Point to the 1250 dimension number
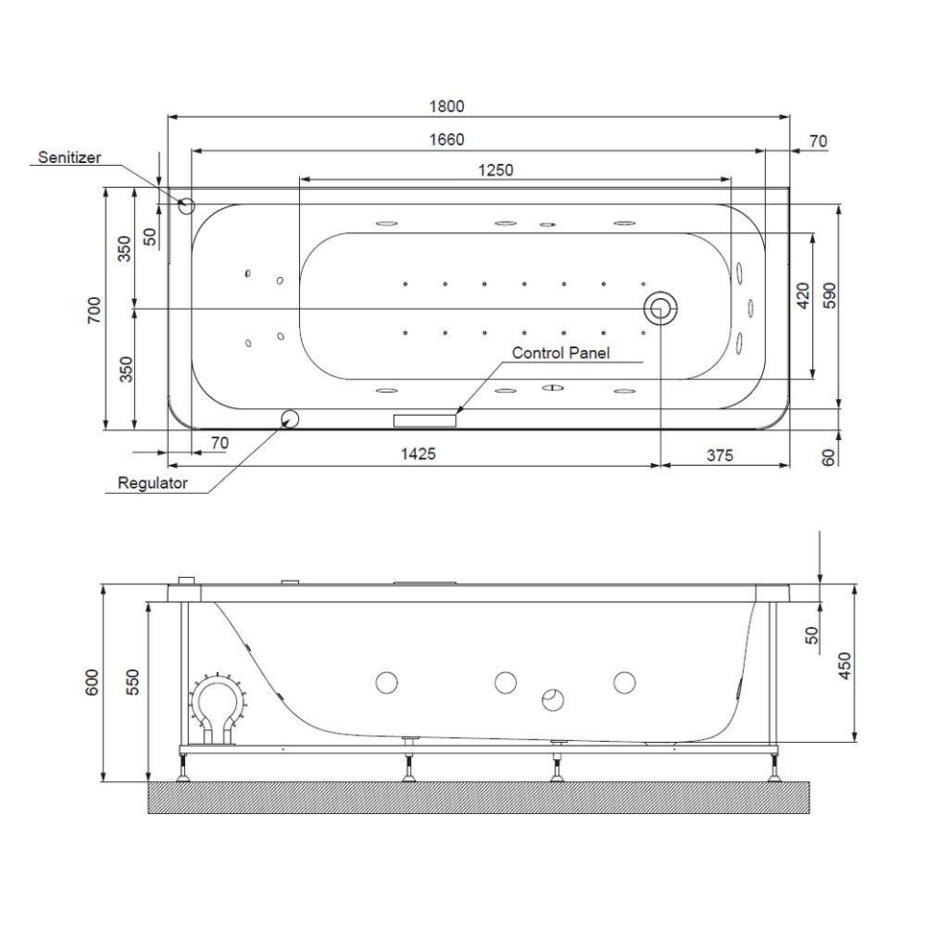(x=496, y=170)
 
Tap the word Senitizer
(x=69, y=156)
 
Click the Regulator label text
(x=151, y=483)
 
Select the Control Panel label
(x=560, y=353)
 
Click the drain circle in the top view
(x=661, y=309)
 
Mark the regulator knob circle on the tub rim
(x=289, y=418)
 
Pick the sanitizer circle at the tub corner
(x=187, y=205)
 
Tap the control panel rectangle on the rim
(x=424, y=420)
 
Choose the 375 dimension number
(x=719, y=454)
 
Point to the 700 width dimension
(x=94, y=309)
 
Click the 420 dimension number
(x=803, y=295)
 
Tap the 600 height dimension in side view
(x=94, y=683)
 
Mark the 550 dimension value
(x=135, y=683)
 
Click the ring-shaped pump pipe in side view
(x=218, y=704)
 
